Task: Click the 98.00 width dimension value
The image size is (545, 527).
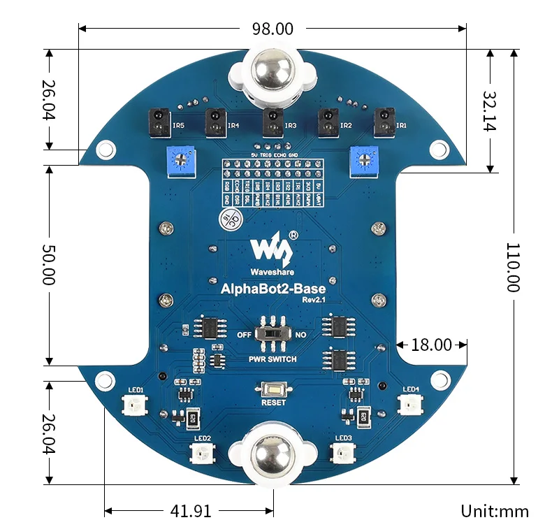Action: click(x=272, y=29)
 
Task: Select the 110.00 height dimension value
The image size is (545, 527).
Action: click(x=514, y=267)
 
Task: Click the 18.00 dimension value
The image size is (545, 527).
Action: click(x=431, y=345)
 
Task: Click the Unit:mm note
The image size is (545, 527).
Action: click(x=495, y=511)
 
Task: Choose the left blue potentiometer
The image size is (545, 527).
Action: click(x=181, y=163)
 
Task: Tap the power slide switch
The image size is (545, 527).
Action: click(x=272, y=334)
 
